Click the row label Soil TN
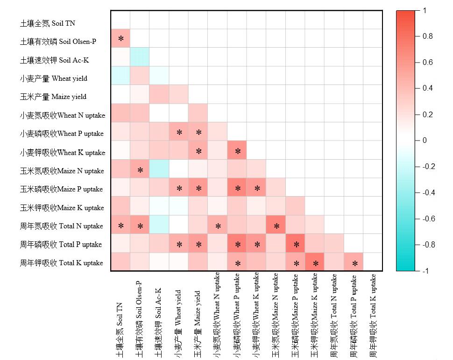[47, 23]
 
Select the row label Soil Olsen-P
[58, 42]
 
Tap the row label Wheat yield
[53, 78]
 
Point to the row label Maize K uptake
[62, 207]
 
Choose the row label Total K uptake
[61, 263]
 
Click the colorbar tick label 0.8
[427, 36]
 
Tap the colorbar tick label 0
[425, 140]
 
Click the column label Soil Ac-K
[159, 318]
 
